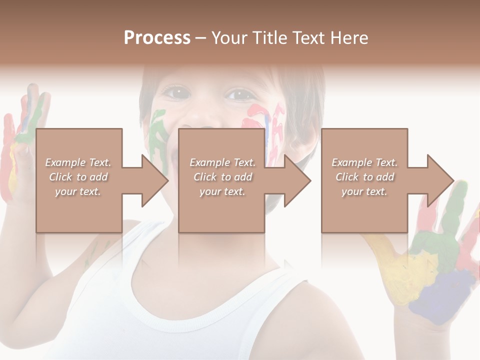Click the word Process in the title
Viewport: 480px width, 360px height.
point(157,38)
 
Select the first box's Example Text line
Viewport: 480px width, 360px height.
point(78,162)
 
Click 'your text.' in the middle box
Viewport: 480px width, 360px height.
point(222,191)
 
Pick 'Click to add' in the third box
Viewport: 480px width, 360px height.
point(365,177)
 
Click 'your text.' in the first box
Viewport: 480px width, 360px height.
point(78,191)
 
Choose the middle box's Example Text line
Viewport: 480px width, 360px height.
point(222,162)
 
